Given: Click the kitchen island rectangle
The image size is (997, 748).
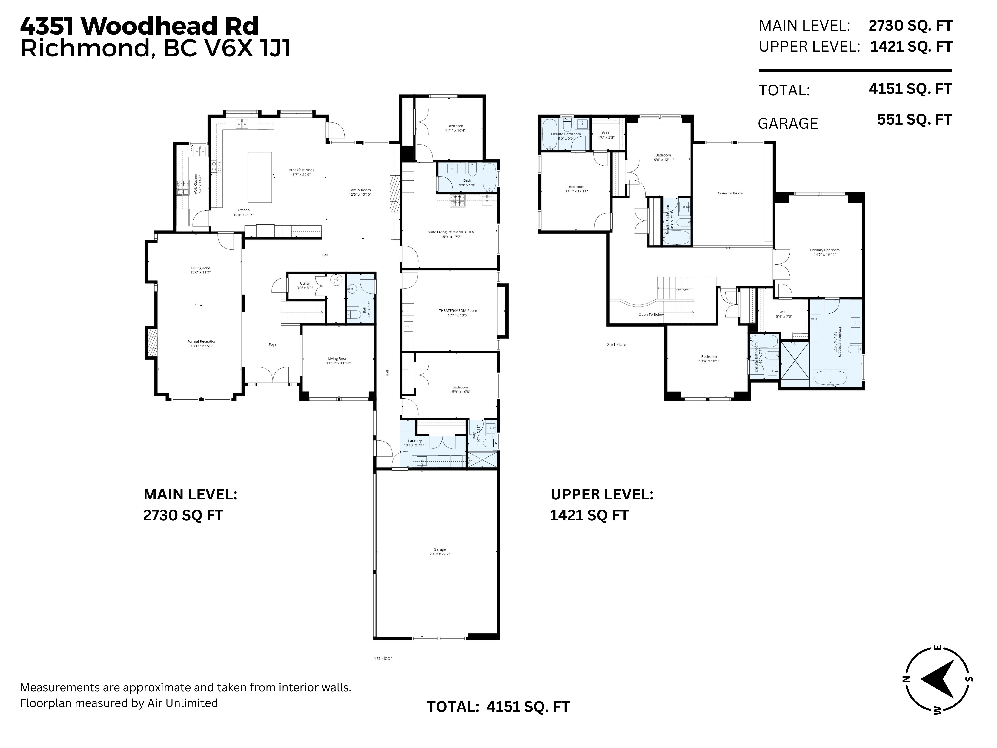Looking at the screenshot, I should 260,177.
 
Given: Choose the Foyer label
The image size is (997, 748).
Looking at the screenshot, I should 273,344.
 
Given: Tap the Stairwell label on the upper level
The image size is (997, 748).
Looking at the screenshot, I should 683,290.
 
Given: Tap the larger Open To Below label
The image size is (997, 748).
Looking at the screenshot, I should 730,193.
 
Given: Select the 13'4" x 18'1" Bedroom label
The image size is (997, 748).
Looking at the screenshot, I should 709,358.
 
